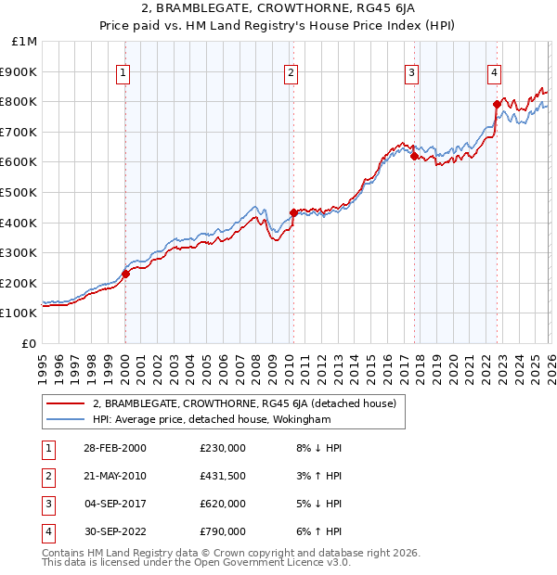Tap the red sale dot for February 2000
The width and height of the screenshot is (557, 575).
pyautogui.click(x=126, y=274)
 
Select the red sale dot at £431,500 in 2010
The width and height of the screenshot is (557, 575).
pyautogui.click(x=293, y=212)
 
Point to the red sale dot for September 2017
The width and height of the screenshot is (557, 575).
pyautogui.click(x=413, y=156)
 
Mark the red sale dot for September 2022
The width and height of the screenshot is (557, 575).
pyautogui.click(x=497, y=105)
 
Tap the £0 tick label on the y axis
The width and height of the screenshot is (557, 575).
pyautogui.click(x=30, y=343)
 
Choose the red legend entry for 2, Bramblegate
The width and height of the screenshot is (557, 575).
pyautogui.click(x=244, y=403)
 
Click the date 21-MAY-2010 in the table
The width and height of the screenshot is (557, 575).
pyautogui.click(x=114, y=476)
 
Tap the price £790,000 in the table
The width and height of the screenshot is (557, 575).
pyautogui.click(x=223, y=531)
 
